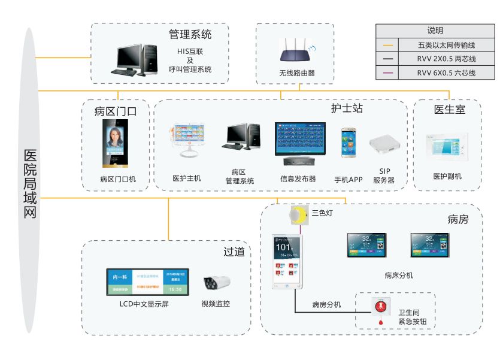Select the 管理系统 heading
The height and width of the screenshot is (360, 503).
point(190,34)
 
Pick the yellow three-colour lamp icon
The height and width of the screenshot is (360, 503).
point(298,214)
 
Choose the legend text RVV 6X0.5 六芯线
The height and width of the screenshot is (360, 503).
point(446,73)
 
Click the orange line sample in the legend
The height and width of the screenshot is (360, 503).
point(389,45)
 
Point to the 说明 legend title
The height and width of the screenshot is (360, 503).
point(435,31)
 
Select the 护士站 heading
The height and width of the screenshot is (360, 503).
point(347,108)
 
